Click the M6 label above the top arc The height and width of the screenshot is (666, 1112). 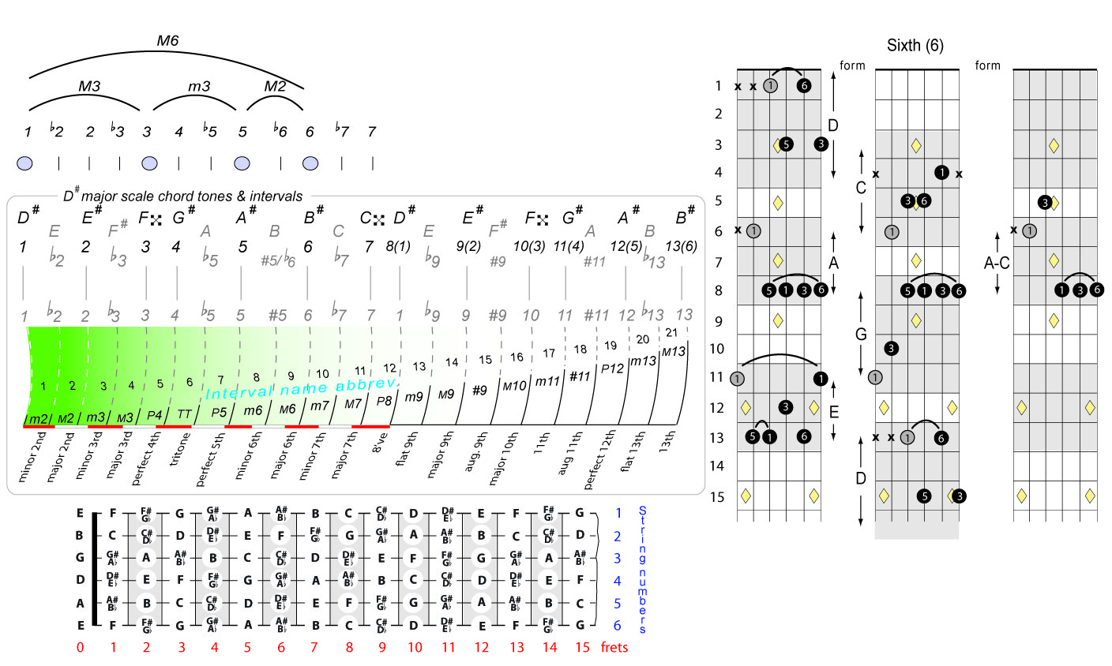(x=167, y=41)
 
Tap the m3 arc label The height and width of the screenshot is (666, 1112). (x=199, y=86)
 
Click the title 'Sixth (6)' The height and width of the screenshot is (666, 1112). (x=915, y=45)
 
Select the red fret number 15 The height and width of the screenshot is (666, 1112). (x=583, y=648)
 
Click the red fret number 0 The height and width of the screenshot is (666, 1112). (x=80, y=648)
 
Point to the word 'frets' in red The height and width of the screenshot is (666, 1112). (x=614, y=648)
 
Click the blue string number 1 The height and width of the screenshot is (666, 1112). (x=618, y=514)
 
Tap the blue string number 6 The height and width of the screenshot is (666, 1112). (x=618, y=626)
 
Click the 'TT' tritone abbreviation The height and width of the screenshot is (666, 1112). (x=184, y=414)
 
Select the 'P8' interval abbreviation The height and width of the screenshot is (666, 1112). (x=384, y=401)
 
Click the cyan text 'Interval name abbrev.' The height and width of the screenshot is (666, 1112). (x=302, y=389)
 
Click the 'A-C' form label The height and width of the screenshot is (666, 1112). (x=997, y=264)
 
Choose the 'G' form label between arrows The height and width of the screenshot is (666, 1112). (x=861, y=335)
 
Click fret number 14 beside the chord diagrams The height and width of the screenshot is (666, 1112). (x=716, y=466)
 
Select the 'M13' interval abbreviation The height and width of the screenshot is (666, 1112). (x=674, y=352)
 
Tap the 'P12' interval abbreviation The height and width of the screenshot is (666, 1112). (x=612, y=369)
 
